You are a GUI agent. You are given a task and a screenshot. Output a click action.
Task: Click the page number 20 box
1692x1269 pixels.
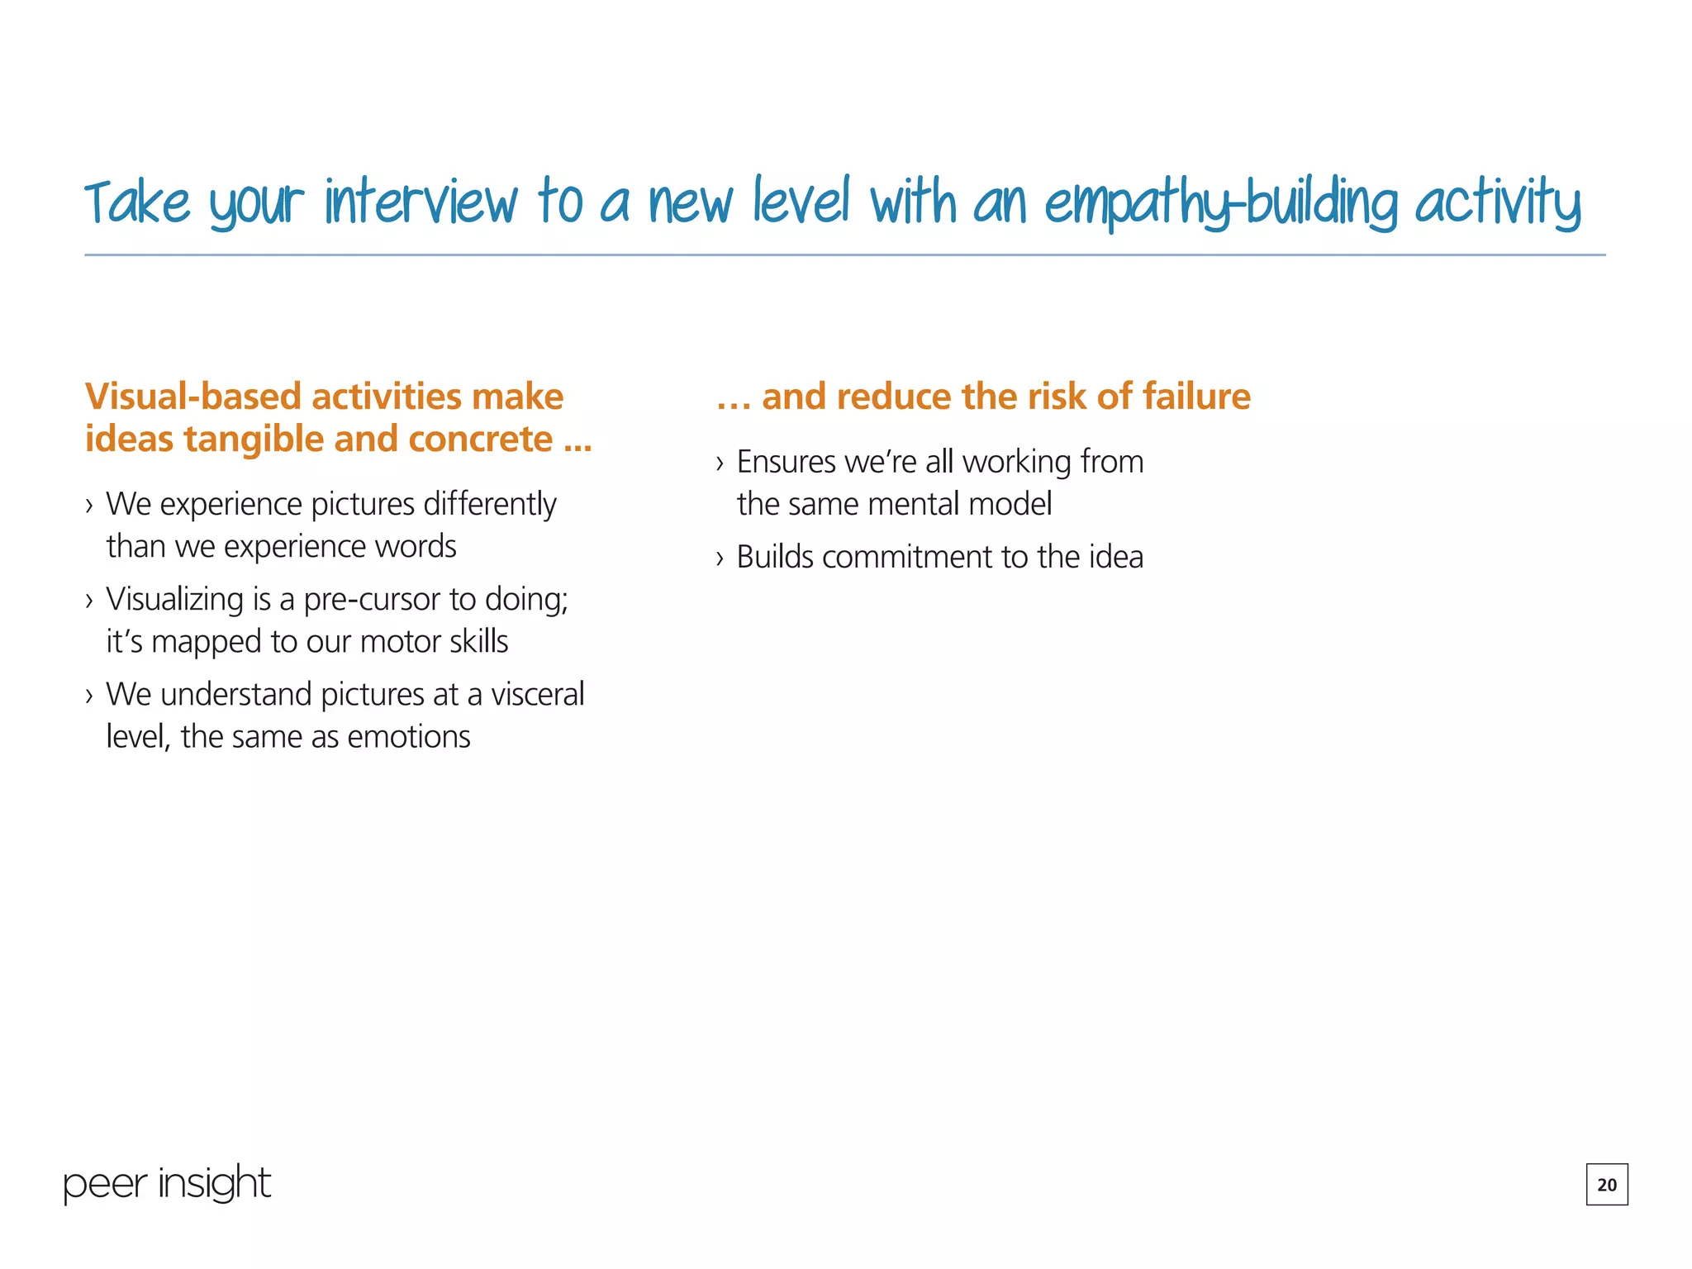point(1606,1184)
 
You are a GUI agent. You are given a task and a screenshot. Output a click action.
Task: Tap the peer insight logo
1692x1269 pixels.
point(167,1183)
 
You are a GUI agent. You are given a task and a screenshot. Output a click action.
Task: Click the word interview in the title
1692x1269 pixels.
point(421,202)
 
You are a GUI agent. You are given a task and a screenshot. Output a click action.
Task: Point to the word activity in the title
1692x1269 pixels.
point(1497,202)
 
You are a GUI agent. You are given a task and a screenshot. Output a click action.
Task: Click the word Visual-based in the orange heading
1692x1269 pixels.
point(192,397)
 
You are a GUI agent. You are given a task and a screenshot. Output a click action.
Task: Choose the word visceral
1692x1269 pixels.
point(538,695)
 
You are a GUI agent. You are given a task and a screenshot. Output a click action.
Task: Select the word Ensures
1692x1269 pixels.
point(786,462)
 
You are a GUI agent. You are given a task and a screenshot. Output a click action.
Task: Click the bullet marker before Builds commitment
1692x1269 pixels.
point(720,558)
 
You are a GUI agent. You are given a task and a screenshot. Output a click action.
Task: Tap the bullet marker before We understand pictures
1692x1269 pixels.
point(89,696)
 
